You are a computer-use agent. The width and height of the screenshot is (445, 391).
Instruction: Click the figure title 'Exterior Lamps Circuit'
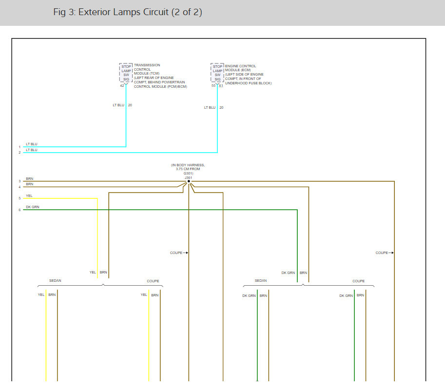(128, 12)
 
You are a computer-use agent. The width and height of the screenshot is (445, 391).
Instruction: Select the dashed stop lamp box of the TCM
(126, 72)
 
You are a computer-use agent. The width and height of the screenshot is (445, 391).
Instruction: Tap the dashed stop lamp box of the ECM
(217, 73)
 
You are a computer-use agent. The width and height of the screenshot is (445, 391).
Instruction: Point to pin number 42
(122, 86)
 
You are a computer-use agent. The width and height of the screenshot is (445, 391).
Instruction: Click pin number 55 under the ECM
(213, 86)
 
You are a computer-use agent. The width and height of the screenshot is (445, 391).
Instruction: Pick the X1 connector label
(221, 86)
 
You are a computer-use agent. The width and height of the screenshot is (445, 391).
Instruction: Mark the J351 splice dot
(189, 181)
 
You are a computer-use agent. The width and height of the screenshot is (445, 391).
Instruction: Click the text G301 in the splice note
(188, 173)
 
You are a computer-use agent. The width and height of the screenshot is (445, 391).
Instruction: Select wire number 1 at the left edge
(19, 147)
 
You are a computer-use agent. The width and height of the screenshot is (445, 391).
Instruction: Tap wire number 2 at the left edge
(19, 153)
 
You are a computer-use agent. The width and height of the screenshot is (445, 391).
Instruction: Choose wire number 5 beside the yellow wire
(19, 198)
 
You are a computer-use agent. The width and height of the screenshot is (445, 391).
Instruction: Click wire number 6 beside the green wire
(19, 210)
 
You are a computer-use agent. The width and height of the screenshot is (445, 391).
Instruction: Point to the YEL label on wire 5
(29, 195)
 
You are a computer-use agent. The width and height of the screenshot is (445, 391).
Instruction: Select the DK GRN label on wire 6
(32, 207)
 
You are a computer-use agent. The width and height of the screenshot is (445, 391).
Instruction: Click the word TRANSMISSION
(147, 65)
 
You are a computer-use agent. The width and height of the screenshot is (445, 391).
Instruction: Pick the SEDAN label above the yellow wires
(55, 281)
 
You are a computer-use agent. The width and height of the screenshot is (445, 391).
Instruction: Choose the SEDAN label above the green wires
(261, 281)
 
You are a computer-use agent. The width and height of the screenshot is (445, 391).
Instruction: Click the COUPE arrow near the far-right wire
(384, 253)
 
